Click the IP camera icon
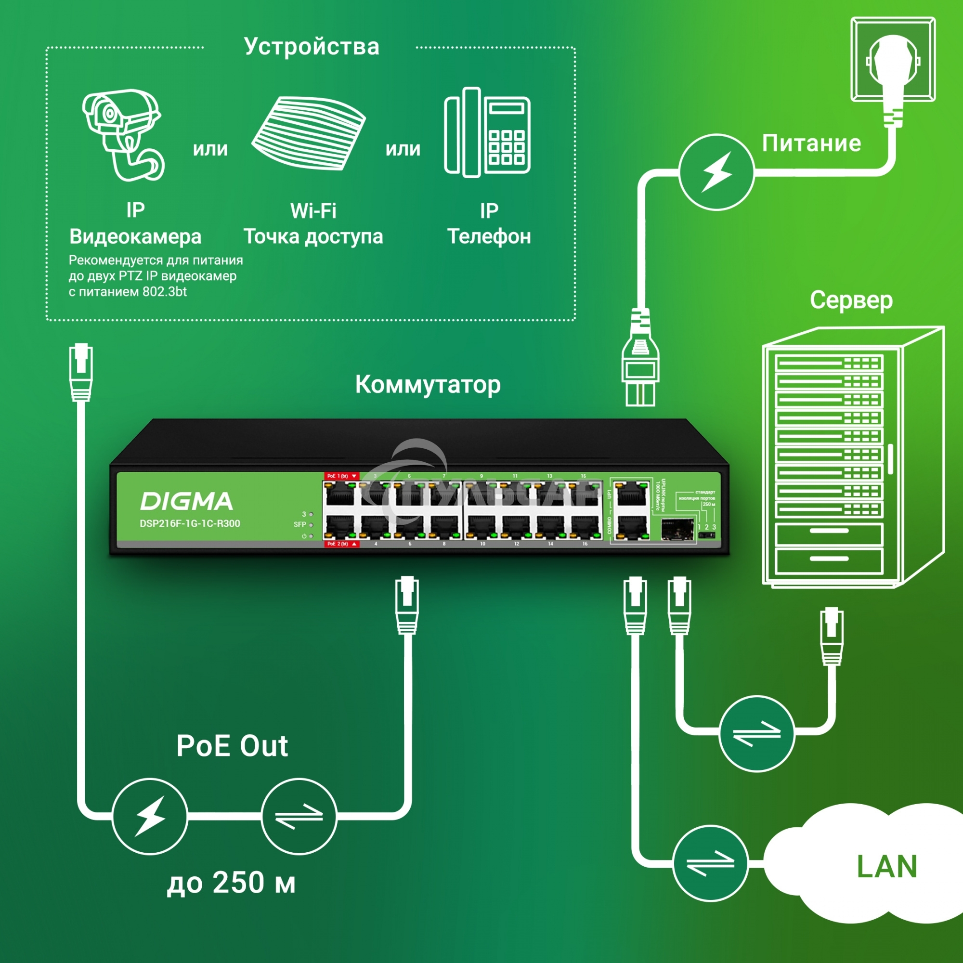click(122, 135)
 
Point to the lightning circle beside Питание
click(716, 172)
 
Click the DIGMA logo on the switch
click(186, 501)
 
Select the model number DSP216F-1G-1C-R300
click(189, 524)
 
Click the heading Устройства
click(312, 46)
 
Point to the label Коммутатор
click(428, 385)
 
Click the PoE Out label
click(232, 746)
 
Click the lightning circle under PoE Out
click(150, 816)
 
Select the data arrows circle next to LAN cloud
click(710, 863)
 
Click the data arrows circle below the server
click(756, 733)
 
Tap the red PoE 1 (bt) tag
click(341, 476)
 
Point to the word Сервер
click(851, 300)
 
